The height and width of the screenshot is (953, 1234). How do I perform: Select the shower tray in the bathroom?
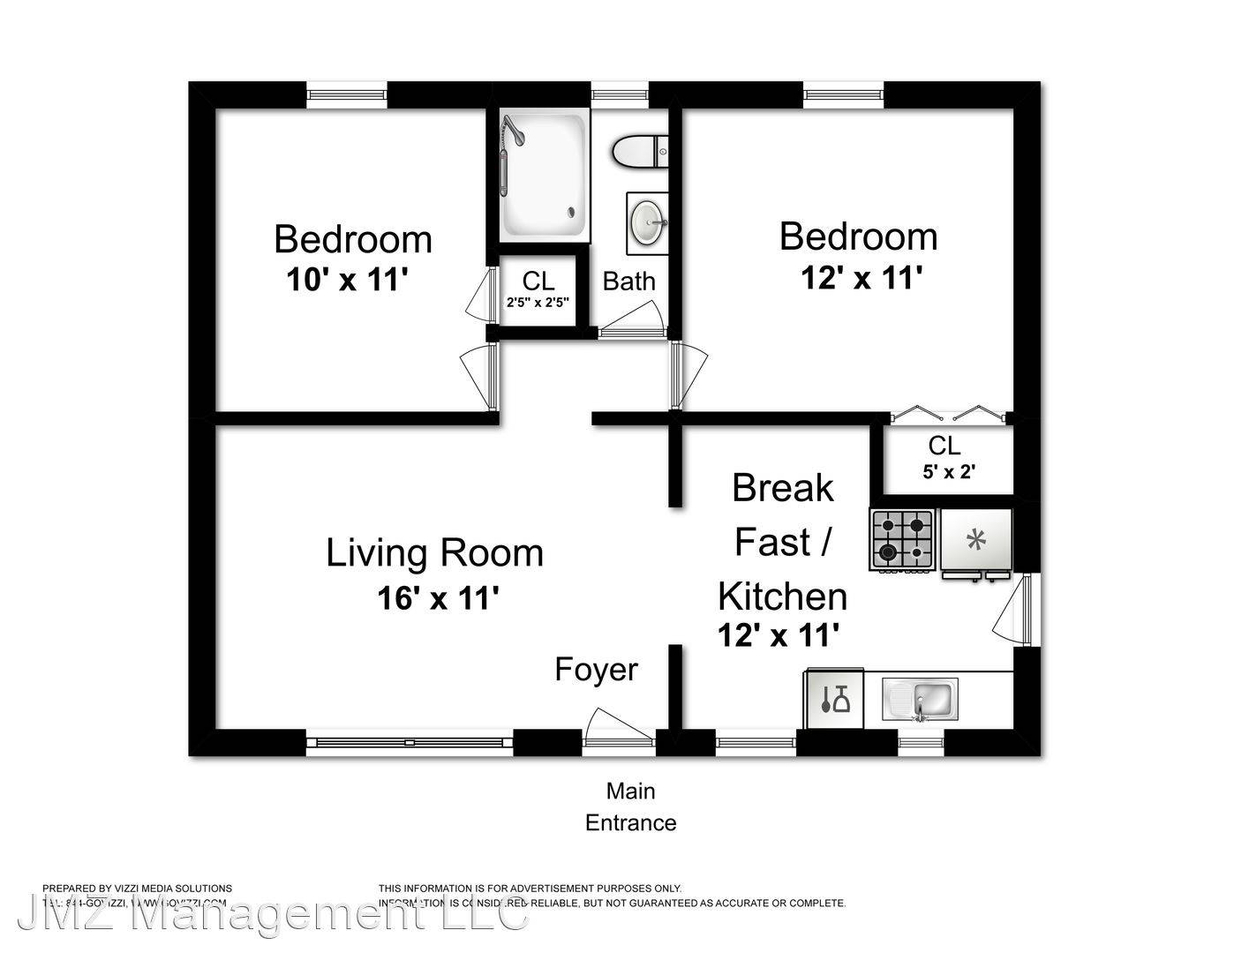544,175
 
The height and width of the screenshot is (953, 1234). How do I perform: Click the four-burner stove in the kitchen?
902,539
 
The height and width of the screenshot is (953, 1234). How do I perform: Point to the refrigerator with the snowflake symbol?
975,540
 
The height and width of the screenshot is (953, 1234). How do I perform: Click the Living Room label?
434,553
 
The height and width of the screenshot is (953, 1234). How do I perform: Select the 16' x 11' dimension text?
439,599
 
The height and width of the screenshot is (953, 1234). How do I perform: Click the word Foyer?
596,670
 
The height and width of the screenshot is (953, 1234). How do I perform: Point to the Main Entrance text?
630,807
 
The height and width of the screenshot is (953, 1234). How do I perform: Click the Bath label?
628,281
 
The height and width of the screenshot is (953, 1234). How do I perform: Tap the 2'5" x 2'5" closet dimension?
538,302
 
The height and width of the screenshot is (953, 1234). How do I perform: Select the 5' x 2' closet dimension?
948,472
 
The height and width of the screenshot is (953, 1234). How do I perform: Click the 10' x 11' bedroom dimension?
347,281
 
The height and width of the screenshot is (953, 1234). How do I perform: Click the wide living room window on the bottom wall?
410,742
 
